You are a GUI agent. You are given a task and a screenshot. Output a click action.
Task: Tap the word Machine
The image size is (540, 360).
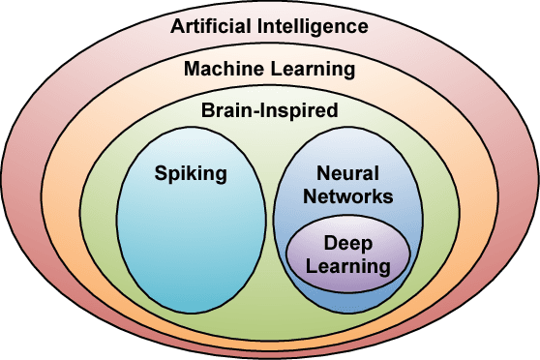[219, 69]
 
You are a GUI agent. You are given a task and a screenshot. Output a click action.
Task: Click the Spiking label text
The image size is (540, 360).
[190, 174]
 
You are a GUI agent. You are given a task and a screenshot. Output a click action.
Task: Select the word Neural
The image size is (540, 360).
[345, 173]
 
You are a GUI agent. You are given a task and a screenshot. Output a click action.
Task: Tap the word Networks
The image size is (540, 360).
[345, 195]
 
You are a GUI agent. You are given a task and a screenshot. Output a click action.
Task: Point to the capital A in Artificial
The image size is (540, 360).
[178, 26]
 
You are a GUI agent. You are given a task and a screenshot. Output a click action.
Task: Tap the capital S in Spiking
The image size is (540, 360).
[161, 174]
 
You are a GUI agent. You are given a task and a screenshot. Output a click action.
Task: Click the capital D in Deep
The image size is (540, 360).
[330, 243]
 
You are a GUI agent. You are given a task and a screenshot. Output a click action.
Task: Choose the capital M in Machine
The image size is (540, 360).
[191, 69]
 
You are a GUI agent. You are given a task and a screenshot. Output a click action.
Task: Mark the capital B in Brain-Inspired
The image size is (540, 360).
[207, 110]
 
